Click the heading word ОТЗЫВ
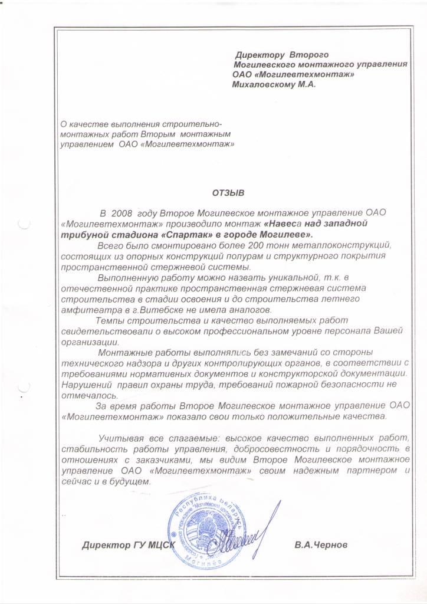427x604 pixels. pos(228,192)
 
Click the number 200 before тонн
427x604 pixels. pos(267,244)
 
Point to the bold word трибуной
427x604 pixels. pos(80,234)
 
